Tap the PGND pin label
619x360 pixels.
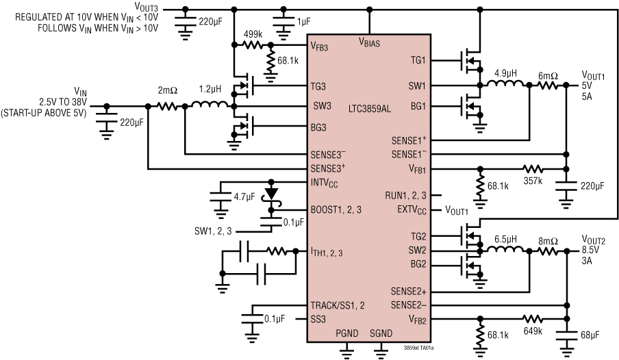(x=346, y=333)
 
